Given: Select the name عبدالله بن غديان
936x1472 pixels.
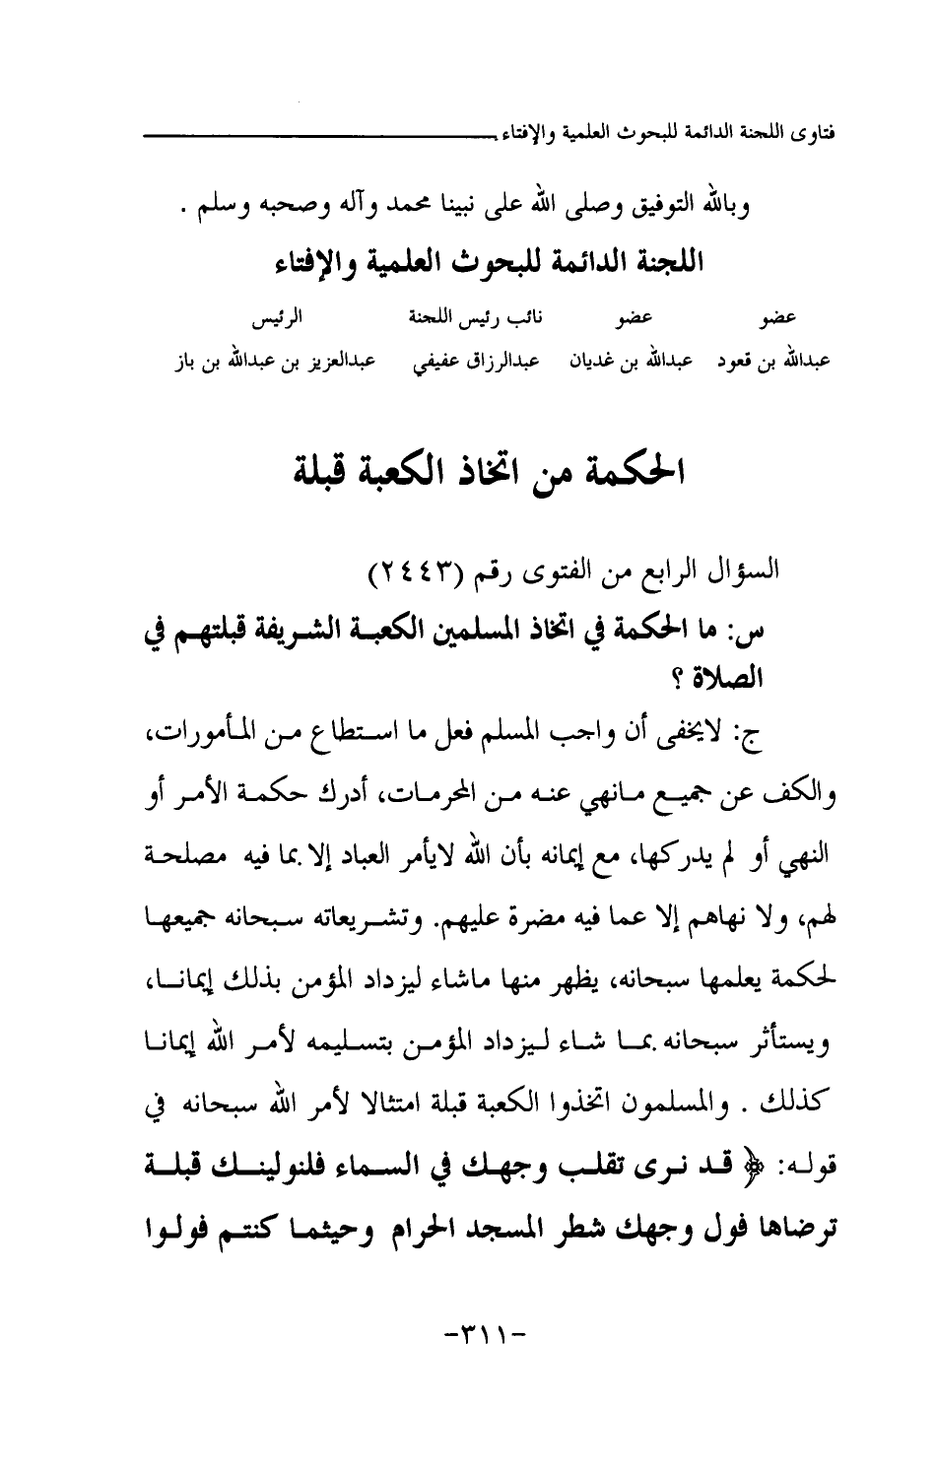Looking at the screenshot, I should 626,362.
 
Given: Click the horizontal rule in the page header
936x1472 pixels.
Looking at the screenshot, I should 296,130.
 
